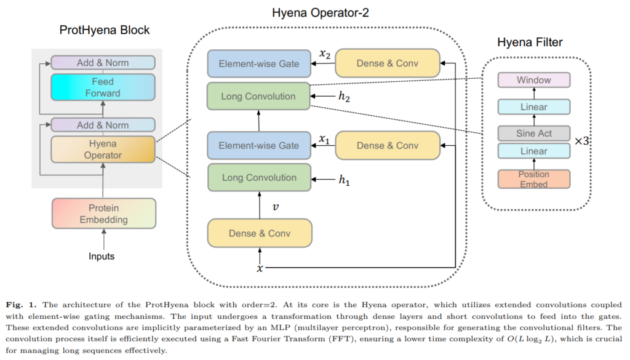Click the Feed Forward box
pyautogui.click(x=103, y=87)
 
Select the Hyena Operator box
pyautogui.click(x=103, y=150)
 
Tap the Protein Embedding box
pyautogui.click(x=103, y=214)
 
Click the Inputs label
pyautogui.click(x=102, y=257)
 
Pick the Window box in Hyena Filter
pyautogui.click(x=533, y=80)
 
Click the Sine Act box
pyautogui.click(x=533, y=133)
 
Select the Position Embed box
pyautogui.click(x=533, y=179)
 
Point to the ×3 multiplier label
pyautogui.click(x=581, y=141)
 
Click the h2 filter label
pyautogui.click(x=344, y=97)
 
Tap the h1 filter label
pyautogui.click(x=344, y=180)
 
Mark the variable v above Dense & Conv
pyautogui.click(x=275, y=207)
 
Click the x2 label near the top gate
pyautogui.click(x=325, y=54)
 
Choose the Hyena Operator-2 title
pyautogui.click(x=320, y=13)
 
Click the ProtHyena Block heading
pyautogui.click(x=105, y=30)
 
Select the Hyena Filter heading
pyautogui.click(x=530, y=42)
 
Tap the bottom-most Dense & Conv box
pyautogui.click(x=260, y=233)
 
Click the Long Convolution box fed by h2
pyautogui.click(x=258, y=97)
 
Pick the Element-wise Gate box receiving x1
pyautogui.click(x=259, y=145)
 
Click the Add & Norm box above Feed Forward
pyautogui.click(x=103, y=63)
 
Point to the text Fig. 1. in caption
pyautogui.click(x=21, y=305)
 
